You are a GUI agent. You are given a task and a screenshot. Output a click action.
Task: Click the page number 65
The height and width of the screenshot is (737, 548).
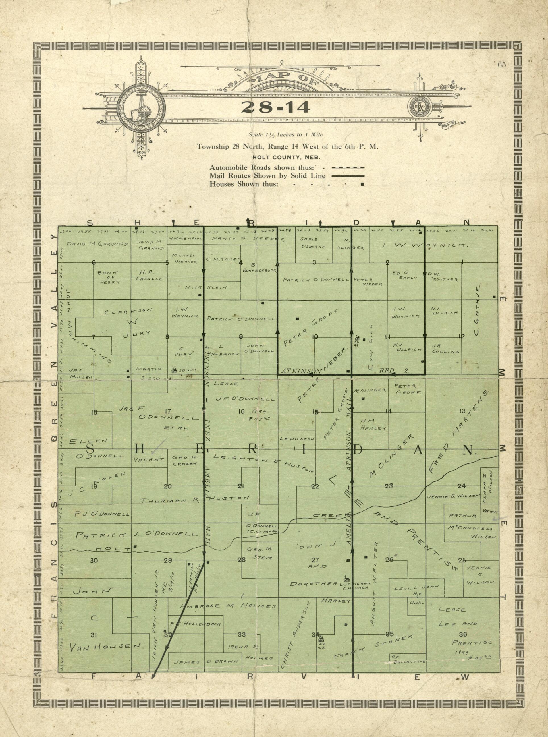[502, 65]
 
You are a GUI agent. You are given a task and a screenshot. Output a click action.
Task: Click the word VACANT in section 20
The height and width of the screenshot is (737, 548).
[149, 460]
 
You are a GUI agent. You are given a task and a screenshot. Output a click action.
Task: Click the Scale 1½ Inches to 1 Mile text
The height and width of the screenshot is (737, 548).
[286, 135]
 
